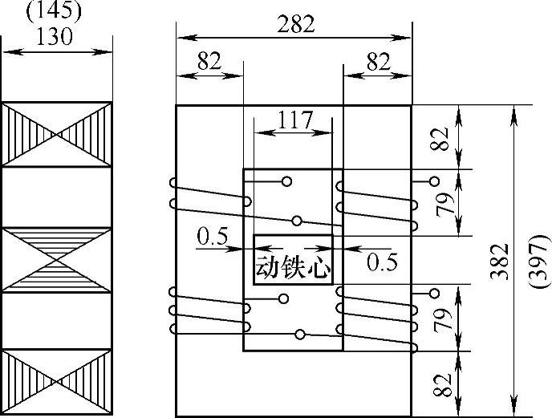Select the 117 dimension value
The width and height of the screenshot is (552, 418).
coord(294,120)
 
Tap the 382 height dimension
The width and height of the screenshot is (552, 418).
coord(500,262)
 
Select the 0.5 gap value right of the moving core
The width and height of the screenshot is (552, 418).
coord(383,262)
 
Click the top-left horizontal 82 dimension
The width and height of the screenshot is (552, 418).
coord(209,63)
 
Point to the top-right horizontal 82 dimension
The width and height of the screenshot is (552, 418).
coord(377,63)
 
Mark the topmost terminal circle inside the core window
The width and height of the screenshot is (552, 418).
coord(286,182)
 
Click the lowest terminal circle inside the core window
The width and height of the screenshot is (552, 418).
coord(300,334)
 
